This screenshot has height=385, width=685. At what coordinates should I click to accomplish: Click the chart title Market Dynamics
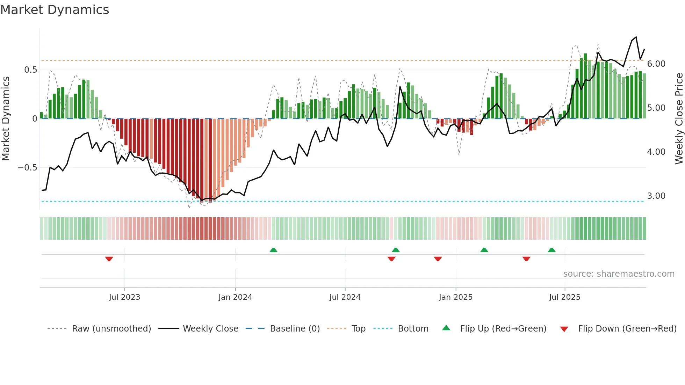click(x=55, y=10)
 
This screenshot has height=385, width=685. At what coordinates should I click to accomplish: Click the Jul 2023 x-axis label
click(x=124, y=297)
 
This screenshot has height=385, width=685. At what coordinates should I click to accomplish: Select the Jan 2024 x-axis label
click(x=235, y=297)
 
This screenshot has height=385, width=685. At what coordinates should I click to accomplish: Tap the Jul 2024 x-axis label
click(x=345, y=297)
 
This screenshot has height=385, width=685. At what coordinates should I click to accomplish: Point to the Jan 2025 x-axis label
click(x=456, y=297)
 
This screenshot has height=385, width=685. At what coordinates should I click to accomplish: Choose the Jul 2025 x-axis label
click(x=565, y=297)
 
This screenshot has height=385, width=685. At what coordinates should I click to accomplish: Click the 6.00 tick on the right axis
click(x=656, y=64)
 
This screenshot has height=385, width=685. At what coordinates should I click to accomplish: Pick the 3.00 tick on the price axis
click(x=656, y=196)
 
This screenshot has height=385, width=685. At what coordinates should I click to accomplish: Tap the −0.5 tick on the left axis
click(x=28, y=168)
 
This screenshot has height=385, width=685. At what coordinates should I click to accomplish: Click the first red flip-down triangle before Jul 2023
click(x=109, y=259)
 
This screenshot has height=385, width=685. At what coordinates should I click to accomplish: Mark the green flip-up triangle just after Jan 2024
click(x=274, y=250)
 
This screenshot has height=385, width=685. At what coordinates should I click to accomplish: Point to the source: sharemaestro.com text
click(x=619, y=274)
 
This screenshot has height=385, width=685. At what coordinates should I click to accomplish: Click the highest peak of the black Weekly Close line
click(x=636, y=37)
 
